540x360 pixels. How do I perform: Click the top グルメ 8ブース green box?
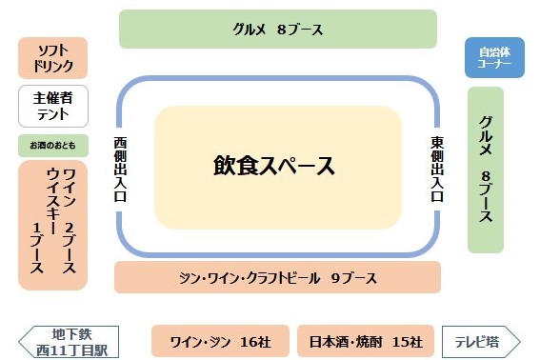click(277, 29)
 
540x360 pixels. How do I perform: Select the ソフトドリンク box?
click(53, 58)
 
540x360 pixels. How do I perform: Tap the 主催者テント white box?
click(53, 106)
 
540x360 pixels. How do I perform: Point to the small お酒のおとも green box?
click(53, 145)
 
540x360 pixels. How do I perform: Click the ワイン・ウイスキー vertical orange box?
click(53, 225)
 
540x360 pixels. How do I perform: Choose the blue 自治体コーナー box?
click(494, 58)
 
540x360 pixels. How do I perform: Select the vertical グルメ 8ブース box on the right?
click(486, 170)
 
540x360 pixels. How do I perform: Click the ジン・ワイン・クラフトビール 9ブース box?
click(277, 278)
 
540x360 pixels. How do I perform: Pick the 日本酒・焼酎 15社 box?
click(366, 341)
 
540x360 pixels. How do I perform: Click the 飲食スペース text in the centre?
click(274, 167)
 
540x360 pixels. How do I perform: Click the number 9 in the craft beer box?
click(336, 279)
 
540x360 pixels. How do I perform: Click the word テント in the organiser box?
click(53, 114)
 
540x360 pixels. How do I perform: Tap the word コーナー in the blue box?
click(495, 66)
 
